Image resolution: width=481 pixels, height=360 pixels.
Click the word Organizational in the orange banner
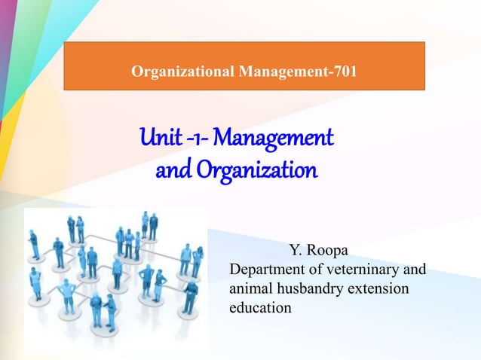pyautogui.click(x=182, y=72)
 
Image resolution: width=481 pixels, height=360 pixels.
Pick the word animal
pyautogui.click(x=251, y=289)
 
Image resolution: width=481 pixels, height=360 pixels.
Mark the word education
pyautogui.click(x=260, y=308)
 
